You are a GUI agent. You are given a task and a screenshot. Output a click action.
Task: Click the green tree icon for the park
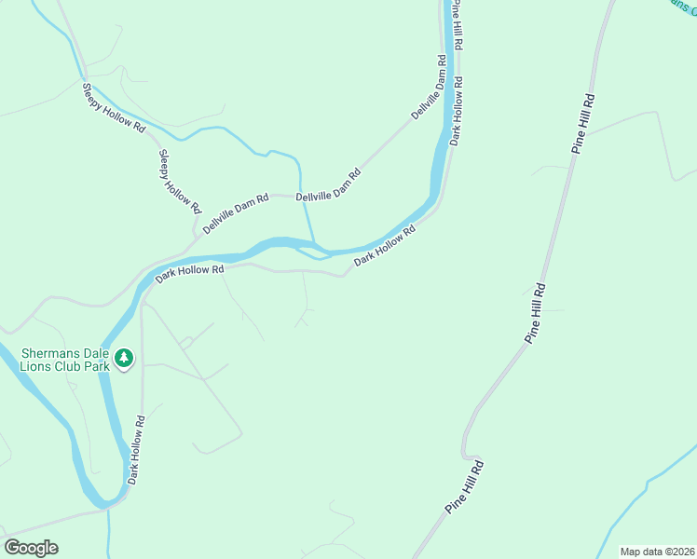(123, 358)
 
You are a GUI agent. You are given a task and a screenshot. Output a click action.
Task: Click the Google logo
(32, 548)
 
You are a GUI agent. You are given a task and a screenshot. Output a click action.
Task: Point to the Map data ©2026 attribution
(657, 551)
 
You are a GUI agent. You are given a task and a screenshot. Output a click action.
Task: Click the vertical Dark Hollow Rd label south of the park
(136, 450)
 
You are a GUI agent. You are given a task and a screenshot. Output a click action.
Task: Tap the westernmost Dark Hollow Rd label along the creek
(190, 272)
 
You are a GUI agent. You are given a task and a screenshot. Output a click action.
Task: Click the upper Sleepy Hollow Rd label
(114, 106)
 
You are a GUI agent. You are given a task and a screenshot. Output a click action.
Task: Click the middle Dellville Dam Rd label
(328, 184)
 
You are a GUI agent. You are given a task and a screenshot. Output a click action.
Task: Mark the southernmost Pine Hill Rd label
(465, 486)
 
